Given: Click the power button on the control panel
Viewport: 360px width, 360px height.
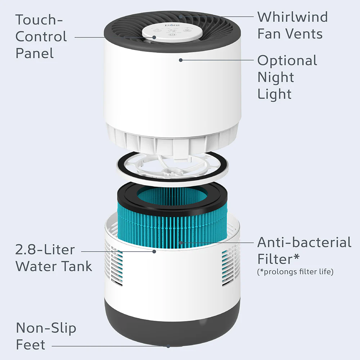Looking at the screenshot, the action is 172,35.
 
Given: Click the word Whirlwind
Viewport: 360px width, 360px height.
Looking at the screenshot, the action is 292,17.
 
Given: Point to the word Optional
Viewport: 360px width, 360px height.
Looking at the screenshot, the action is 287,60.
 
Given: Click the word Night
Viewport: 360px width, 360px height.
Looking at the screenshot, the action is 276,77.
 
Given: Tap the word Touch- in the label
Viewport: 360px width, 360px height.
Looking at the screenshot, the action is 39,20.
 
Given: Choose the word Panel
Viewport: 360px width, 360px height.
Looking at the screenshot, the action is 35,53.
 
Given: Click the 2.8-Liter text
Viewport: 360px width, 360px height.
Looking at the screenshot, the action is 45,249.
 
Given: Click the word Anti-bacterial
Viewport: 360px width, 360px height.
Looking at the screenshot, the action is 304,242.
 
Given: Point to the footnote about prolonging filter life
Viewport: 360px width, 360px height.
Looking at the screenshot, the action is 295,272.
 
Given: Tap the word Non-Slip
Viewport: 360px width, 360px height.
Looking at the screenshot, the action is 46,328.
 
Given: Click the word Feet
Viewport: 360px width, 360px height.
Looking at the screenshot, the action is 31,345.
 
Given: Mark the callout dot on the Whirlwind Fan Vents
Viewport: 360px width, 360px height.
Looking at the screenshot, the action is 181,17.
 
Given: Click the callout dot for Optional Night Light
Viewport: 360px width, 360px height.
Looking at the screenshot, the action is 181,60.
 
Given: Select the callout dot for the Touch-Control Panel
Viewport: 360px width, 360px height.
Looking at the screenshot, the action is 154,37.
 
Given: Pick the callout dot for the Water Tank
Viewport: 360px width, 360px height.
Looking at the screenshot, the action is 154,251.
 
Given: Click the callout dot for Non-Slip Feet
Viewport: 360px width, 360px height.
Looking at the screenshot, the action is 168,346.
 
